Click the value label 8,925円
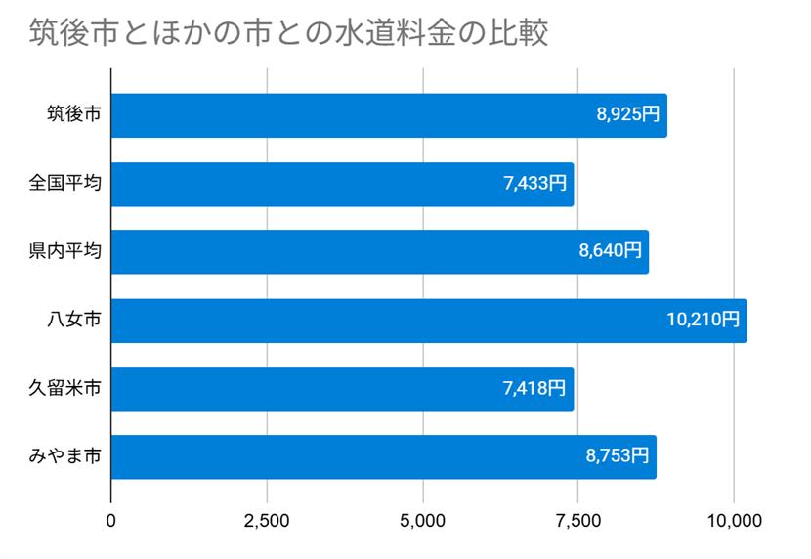click(x=628, y=115)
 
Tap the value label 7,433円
click(x=535, y=184)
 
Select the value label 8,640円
click(x=611, y=252)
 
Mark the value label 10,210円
click(x=704, y=321)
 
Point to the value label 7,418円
click(x=535, y=389)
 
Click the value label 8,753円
click(x=618, y=456)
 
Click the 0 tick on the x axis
click(x=111, y=521)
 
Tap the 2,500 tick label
click(x=267, y=521)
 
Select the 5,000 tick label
click(x=422, y=521)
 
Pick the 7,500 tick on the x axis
click(x=577, y=521)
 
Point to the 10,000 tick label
click(x=733, y=521)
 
